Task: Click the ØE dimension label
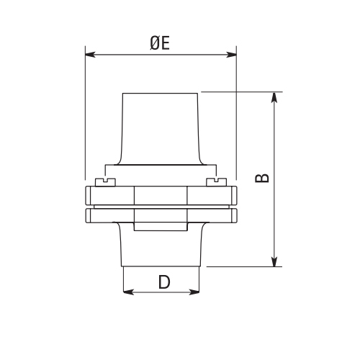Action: (x=160, y=43)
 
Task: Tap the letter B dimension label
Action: (x=263, y=178)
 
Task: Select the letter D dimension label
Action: (x=163, y=282)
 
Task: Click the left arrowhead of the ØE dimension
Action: (x=89, y=53)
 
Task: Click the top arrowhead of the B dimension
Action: (x=274, y=96)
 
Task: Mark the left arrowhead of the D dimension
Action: (x=127, y=292)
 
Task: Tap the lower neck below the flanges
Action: (x=161, y=248)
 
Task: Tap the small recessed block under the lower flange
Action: (x=161, y=227)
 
